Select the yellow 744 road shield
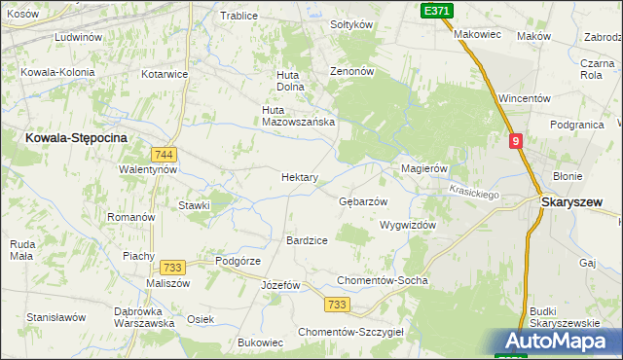click(164, 155)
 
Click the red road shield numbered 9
click(516, 141)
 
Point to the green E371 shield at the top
click(436, 9)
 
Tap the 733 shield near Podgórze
click(173, 268)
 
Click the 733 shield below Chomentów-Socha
click(337, 305)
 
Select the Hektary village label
click(299, 177)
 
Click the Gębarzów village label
click(362, 201)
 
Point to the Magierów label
click(423, 168)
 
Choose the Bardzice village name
click(306, 239)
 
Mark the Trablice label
click(238, 16)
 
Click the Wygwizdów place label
click(407, 224)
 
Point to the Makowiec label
click(477, 34)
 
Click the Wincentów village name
click(525, 99)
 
